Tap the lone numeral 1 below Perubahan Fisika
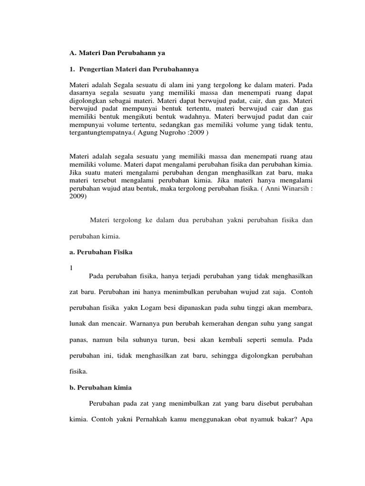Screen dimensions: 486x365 71,268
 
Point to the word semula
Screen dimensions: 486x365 276,340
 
